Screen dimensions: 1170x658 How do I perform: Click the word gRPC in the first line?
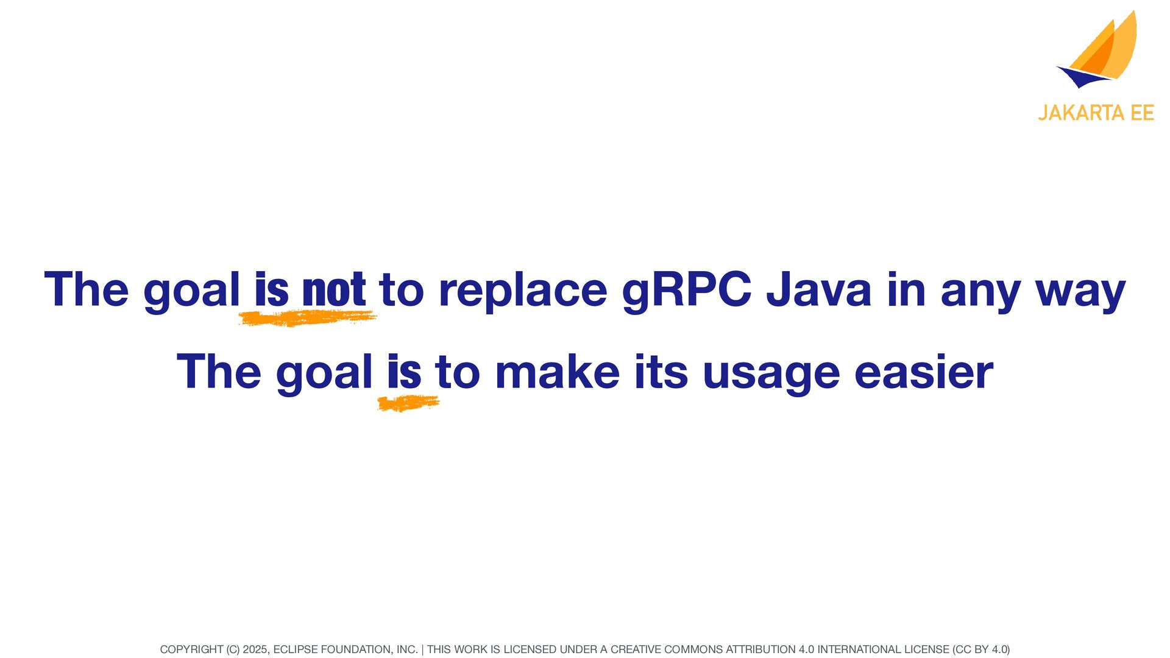click(687, 291)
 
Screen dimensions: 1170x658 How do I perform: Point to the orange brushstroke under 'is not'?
click(308, 317)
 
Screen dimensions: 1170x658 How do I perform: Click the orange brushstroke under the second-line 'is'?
click(408, 403)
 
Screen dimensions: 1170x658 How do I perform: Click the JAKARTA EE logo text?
click(1096, 113)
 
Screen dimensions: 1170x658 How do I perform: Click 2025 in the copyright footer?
click(255, 649)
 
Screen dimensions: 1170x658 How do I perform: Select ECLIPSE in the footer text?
click(296, 649)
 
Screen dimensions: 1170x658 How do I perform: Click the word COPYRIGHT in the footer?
click(191, 649)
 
